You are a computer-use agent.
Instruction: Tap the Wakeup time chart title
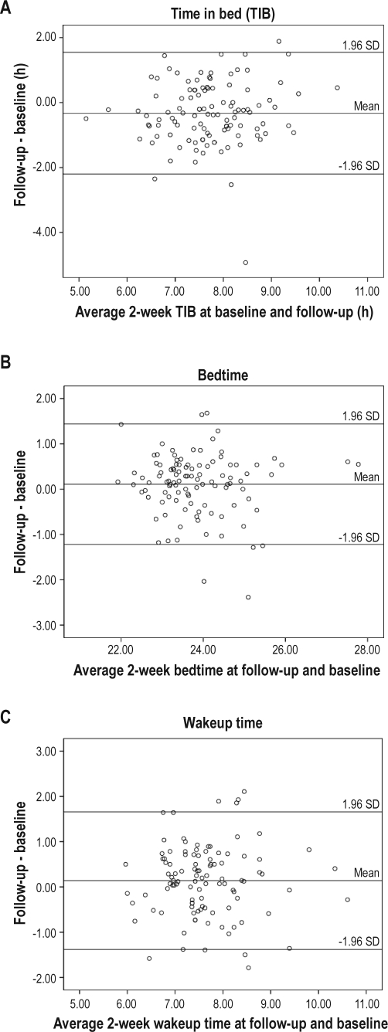click(223, 723)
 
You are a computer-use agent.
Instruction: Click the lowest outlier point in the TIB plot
click(246, 263)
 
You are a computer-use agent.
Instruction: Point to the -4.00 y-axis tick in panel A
click(43, 232)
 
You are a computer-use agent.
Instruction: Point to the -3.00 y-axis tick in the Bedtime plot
click(43, 624)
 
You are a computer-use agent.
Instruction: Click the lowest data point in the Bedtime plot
click(248, 597)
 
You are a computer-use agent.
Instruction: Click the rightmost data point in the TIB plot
click(337, 87)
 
